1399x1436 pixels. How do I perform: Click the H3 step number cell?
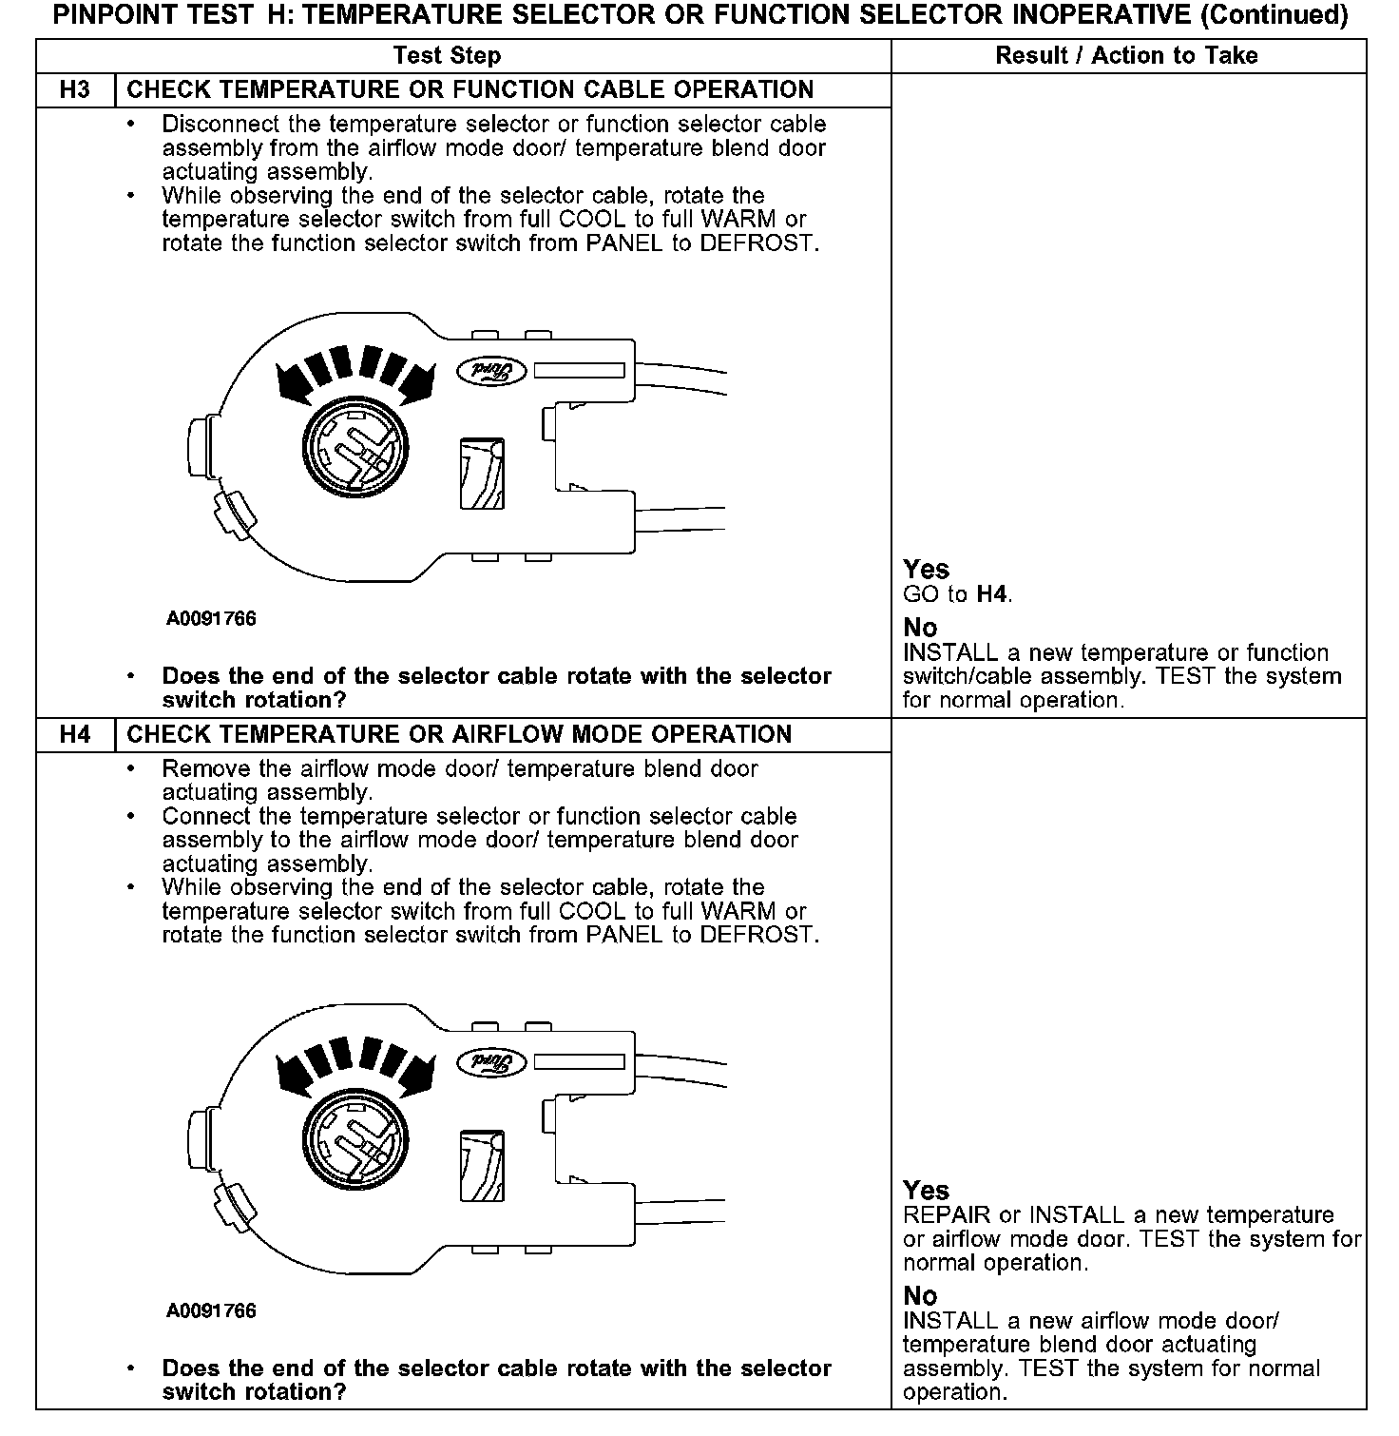[x=74, y=89]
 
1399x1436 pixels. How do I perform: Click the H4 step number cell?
[x=74, y=734]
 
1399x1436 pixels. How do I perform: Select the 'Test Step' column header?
[x=447, y=56]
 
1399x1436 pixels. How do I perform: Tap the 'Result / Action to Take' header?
[x=1126, y=56]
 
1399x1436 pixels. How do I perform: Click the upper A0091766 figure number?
[x=211, y=619]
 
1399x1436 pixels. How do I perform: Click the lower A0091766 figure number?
[x=211, y=1311]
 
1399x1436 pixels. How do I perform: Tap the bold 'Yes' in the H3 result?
[x=926, y=570]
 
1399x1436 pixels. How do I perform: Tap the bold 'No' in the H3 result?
[x=920, y=628]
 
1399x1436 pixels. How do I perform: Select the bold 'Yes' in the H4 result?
[x=926, y=1191]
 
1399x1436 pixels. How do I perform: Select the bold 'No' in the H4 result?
[x=920, y=1296]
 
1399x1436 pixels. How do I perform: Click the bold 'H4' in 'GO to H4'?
[x=991, y=595]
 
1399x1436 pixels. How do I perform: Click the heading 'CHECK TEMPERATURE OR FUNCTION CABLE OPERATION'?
[x=470, y=89]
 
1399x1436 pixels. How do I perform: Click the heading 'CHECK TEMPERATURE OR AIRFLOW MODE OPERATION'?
[x=459, y=734]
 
